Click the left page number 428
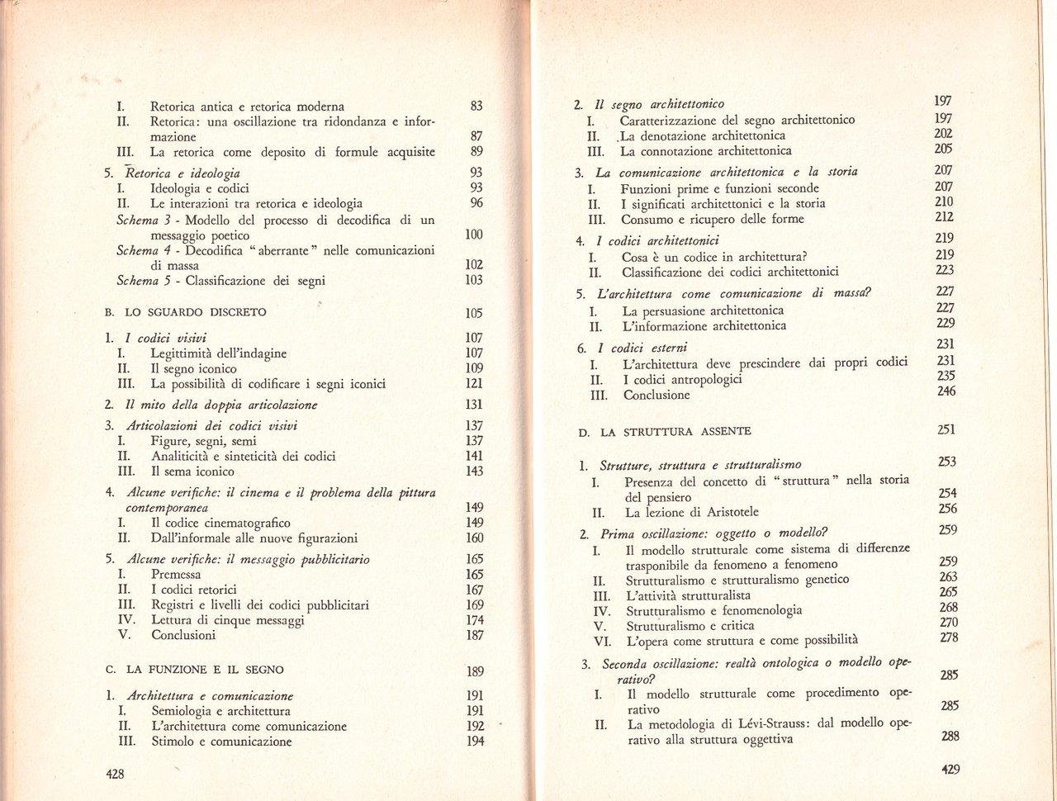tap(115, 774)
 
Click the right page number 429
tap(950, 769)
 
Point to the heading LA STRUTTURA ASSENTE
tap(675, 431)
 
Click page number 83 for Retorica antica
tap(476, 106)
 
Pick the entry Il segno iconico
tap(193, 369)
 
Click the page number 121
tap(474, 383)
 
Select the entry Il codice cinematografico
tap(220, 523)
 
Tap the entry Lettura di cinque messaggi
tap(228, 620)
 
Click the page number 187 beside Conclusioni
tap(474, 635)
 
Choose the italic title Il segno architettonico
tap(659, 104)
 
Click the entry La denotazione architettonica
tap(703, 135)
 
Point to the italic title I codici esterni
tap(642, 348)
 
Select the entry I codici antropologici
tap(682, 379)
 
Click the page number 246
tap(946, 391)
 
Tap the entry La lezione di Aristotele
tap(692, 512)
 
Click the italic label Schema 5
tap(147, 281)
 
